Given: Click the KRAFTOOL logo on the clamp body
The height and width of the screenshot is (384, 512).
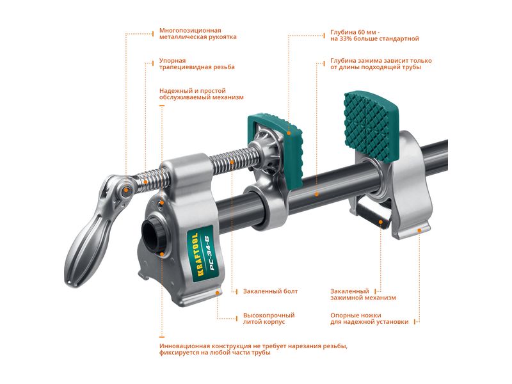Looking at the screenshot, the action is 195,254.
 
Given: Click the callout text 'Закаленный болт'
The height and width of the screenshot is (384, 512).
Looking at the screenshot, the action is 270,291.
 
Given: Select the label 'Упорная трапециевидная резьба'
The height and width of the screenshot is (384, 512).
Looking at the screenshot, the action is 197,64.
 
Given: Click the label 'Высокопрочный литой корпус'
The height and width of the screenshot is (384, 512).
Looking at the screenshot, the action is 269,318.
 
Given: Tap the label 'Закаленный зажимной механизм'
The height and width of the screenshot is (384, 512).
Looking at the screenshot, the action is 363,294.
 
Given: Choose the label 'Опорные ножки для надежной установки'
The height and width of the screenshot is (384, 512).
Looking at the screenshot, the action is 369,318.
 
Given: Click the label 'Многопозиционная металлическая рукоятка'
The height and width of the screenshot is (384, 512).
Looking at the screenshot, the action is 198,34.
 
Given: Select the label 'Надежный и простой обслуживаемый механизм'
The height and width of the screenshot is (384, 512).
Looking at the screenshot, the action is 202,94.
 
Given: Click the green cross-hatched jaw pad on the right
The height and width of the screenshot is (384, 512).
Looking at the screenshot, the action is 372,126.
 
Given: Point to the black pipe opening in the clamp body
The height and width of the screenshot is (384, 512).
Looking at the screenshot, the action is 152,233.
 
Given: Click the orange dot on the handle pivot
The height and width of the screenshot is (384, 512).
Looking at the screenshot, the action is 126,190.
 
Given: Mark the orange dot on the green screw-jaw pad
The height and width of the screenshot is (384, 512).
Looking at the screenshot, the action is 289,133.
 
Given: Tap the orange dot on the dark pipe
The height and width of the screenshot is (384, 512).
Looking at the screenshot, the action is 316,195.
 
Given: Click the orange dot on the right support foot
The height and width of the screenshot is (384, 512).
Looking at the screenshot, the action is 419,230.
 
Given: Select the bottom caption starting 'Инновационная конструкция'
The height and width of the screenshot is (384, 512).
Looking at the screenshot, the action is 253,349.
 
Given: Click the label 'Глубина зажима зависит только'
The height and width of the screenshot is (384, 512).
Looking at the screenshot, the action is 381,60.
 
